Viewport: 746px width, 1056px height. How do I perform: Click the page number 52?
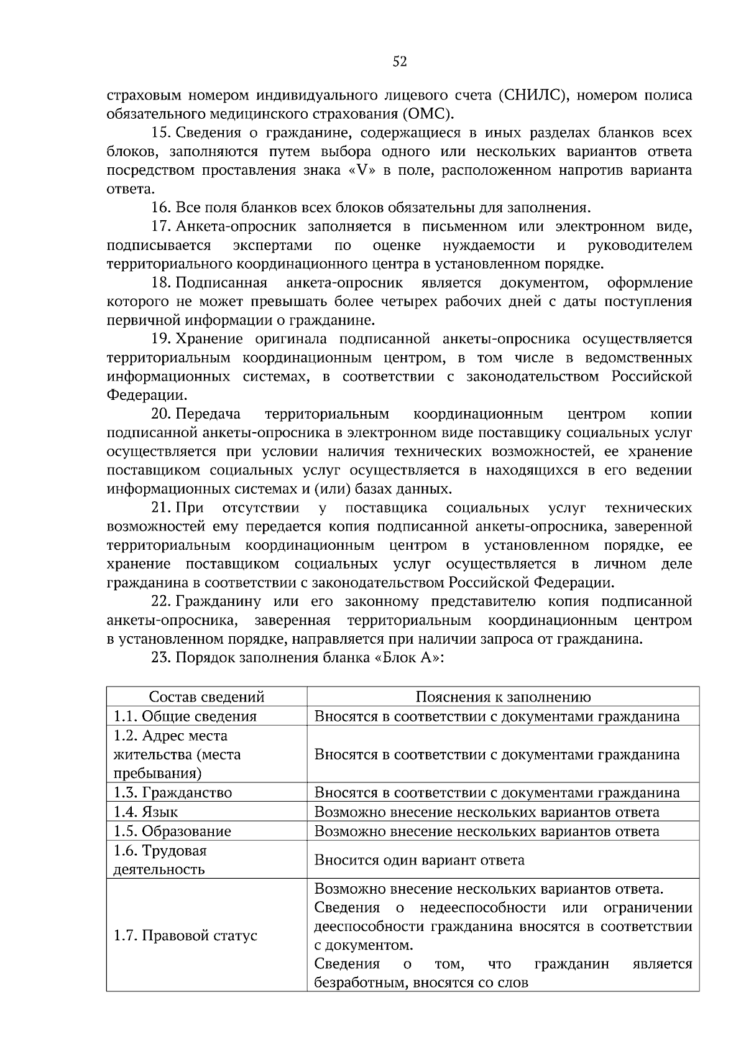pyautogui.click(x=400, y=61)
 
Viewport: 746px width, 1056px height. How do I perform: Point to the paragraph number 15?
pyautogui.click(x=161, y=133)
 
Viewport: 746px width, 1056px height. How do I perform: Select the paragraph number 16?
pyautogui.click(x=161, y=208)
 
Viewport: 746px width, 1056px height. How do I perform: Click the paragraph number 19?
pyautogui.click(x=161, y=339)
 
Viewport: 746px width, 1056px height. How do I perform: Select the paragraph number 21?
pyautogui.click(x=161, y=508)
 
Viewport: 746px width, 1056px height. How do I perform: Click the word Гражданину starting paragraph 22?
pyautogui.click(x=215, y=601)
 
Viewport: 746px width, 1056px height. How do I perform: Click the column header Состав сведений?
pyautogui.click(x=206, y=697)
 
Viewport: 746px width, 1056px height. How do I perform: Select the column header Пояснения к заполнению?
pyautogui.click(x=503, y=697)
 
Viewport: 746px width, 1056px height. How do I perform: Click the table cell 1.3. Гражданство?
pyautogui.click(x=173, y=792)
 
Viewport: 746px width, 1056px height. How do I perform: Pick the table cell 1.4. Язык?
pyautogui.click(x=145, y=812)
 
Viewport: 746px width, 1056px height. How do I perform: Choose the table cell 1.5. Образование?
pyautogui.click(x=172, y=831)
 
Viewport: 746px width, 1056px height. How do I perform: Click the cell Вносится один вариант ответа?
pyautogui.click(x=419, y=859)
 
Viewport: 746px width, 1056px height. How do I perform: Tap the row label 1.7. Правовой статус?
pyautogui.click(x=185, y=935)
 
